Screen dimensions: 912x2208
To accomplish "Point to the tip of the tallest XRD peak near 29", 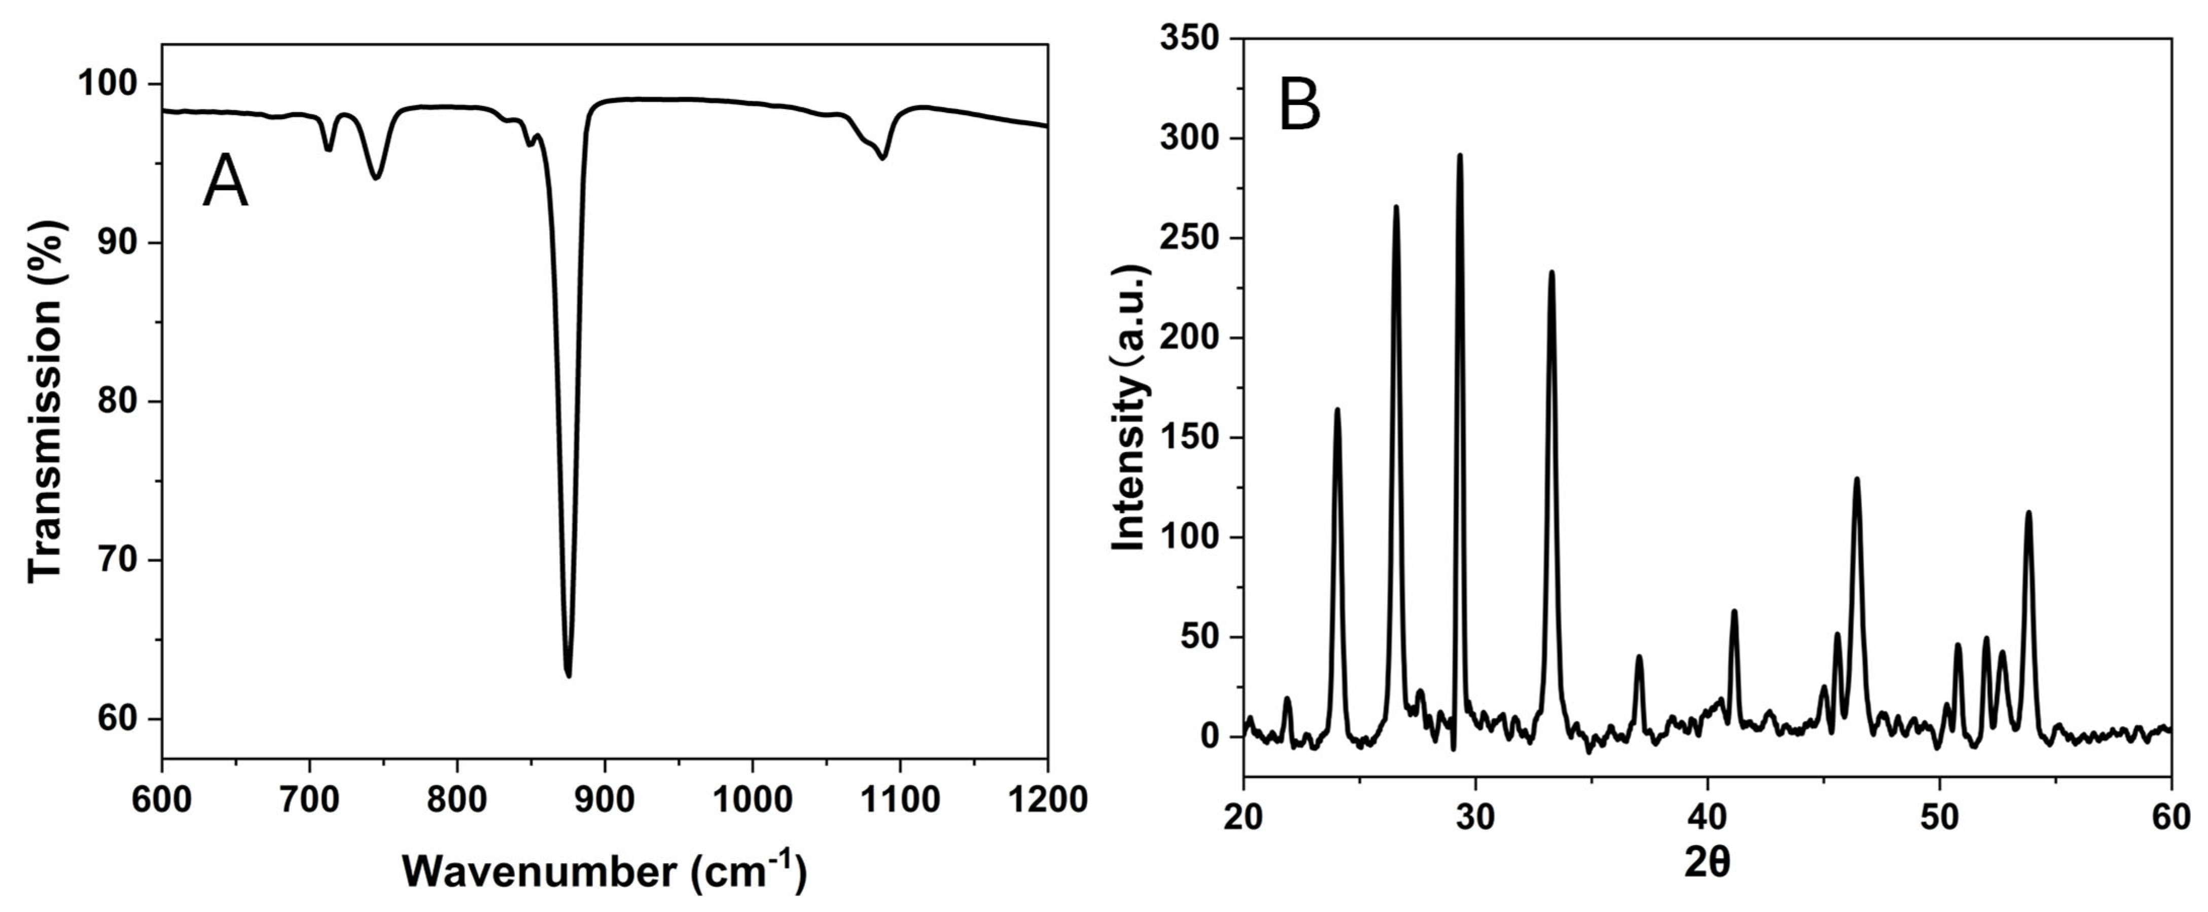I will (1459, 156).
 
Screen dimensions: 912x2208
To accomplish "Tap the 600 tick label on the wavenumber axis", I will (162, 800).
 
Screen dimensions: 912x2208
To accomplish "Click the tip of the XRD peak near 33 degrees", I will (1551, 273).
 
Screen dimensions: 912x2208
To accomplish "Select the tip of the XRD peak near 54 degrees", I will (2028, 513).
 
